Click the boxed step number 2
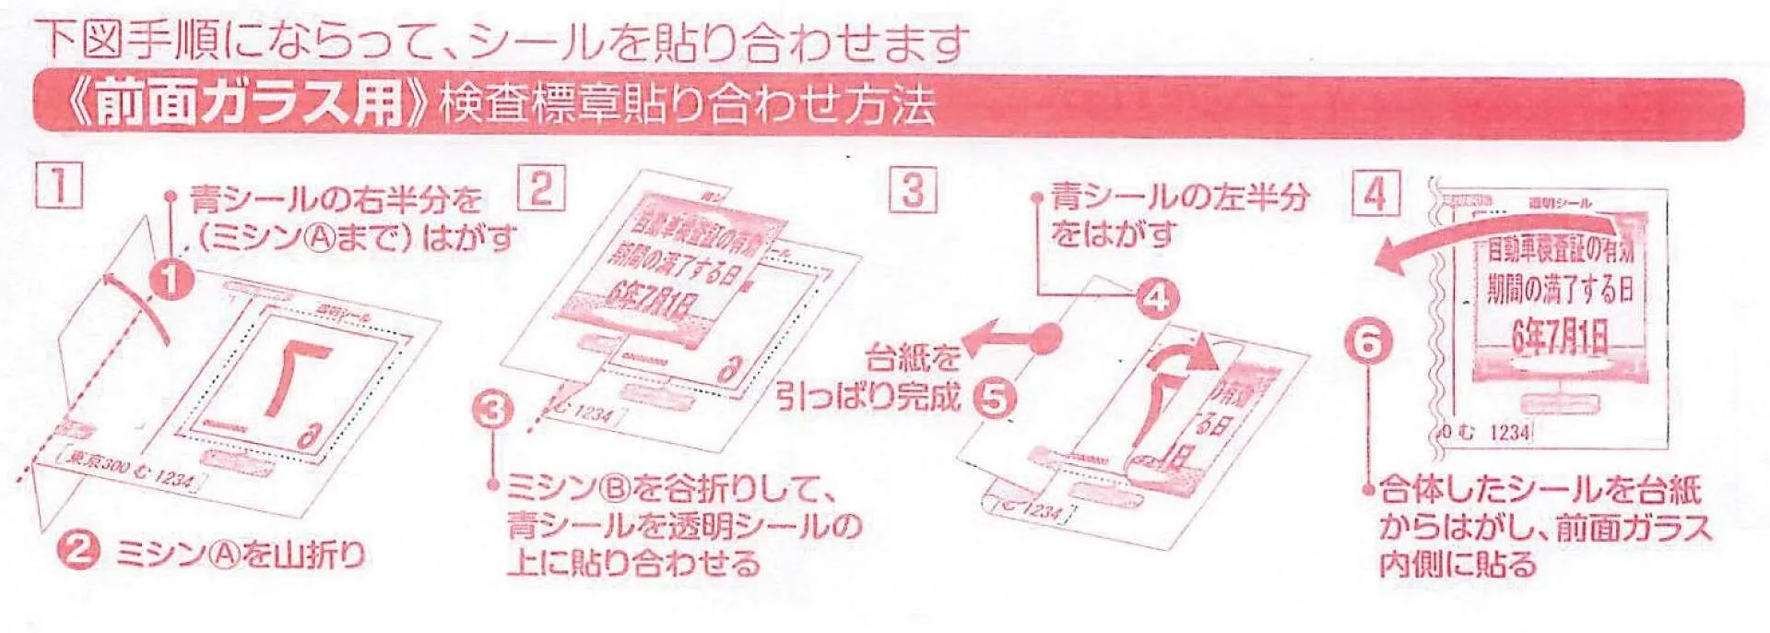pyautogui.click(x=541, y=187)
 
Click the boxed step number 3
pyautogui.click(x=912, y=189)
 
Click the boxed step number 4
pyautogui.click(x=1375, y=194)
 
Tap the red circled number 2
pyautogui.click(x=78, y=551)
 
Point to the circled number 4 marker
pyautogui.click(x=1156, y=298)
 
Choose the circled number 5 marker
pyautogui.click(x=996, y=399)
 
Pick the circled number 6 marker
pyautogui.click(x=1367, y=342)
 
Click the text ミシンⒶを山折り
pyautogui.click(x=241, y=555)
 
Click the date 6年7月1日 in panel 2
pyautogui.click(x=656, y=301)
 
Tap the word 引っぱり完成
pyautogui.click(x=867, y=397)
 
